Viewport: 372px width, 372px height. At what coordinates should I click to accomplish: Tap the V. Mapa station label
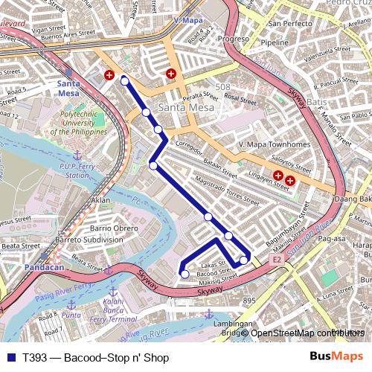189,21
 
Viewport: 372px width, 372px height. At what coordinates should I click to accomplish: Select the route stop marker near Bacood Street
185,274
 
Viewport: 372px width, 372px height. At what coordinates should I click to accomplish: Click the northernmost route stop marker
125,81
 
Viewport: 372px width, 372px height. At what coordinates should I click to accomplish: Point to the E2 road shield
276,260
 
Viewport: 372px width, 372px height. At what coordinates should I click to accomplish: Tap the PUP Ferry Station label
77,170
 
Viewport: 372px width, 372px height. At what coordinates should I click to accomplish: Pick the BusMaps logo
337,357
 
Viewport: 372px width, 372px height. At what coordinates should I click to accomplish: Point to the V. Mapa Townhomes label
275,144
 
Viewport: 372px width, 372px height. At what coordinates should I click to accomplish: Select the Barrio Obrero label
114,228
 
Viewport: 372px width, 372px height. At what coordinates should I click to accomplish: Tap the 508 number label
223,87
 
